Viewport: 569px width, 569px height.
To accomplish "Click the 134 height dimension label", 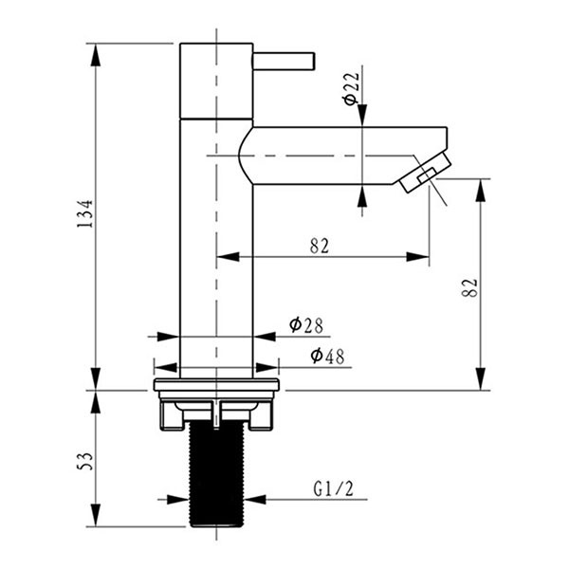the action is tap(85, 213).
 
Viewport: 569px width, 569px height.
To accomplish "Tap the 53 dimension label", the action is tap(85, 461).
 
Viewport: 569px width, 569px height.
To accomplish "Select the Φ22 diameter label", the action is tap(351, 89).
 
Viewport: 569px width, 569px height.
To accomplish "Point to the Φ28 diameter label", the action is tap(306, 325).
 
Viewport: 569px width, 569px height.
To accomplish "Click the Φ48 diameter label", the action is tap(328, 356).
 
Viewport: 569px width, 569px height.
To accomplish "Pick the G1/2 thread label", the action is tap(333, 488).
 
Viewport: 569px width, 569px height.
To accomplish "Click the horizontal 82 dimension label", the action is tap(320, 246).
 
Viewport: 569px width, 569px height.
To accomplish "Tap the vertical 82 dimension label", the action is tap(470, 288).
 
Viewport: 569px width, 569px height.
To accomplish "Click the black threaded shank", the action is tap(217, 473).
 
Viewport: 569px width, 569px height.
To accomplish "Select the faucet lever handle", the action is tap(284, 62).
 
